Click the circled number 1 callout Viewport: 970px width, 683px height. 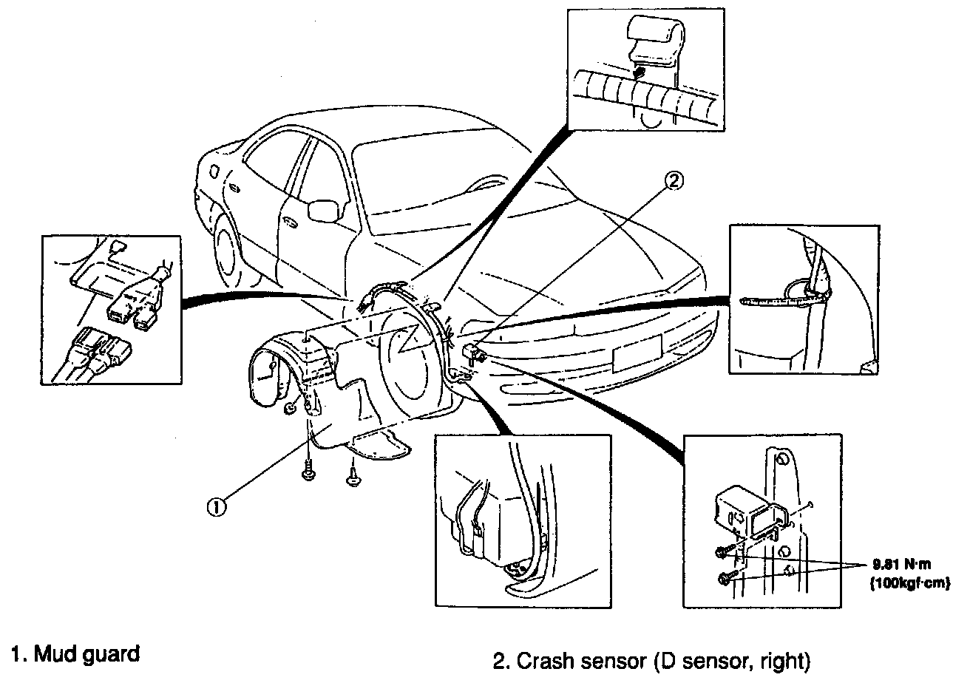[x=217, y=507]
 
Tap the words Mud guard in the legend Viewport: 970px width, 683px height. [x=87, y=654]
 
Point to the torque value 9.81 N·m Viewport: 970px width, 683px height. [x=901, y=565]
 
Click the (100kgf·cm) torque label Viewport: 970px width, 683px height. [x=910, y=583]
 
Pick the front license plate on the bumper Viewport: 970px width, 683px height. [x=637, y=353]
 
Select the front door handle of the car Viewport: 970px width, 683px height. [x=290, y=222]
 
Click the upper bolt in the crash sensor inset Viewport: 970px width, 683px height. [x=722, y=553]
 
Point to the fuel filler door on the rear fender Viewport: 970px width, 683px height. [x=213, y=171]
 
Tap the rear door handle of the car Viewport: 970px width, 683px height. [x=236, y=189]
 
